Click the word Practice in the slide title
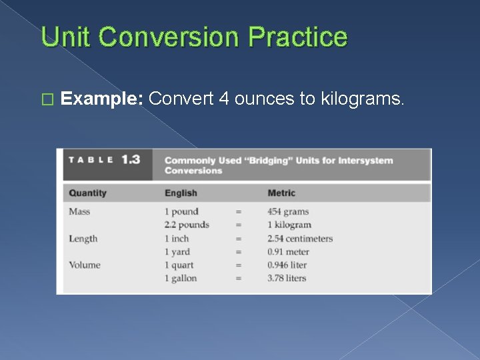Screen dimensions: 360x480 (x=297, y=37)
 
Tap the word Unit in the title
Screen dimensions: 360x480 (x=65, y=37)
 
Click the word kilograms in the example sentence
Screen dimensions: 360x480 (x=362, y=99)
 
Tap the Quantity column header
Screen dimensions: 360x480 (x=87, y=193)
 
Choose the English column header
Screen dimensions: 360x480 (x=181, y=193)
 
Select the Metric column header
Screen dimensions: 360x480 (x=281, y=193)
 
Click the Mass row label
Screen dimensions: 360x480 (x=79, y=212)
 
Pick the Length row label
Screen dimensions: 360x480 (x=83, y=239)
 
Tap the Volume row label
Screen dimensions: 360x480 (x=85, y=265)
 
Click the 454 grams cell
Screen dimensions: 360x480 (x=288, y=212)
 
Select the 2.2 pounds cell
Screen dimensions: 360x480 (x=187, y=225)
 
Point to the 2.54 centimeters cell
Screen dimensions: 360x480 (x=300, y=239)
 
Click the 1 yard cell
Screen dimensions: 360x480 (x=177, y=252)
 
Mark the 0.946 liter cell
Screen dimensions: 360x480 (x=287, y=265)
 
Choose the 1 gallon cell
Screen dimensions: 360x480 (x=181, y=278)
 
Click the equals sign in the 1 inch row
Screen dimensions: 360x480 (x=238, y=239)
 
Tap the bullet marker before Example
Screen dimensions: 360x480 (x=46, y=100)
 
